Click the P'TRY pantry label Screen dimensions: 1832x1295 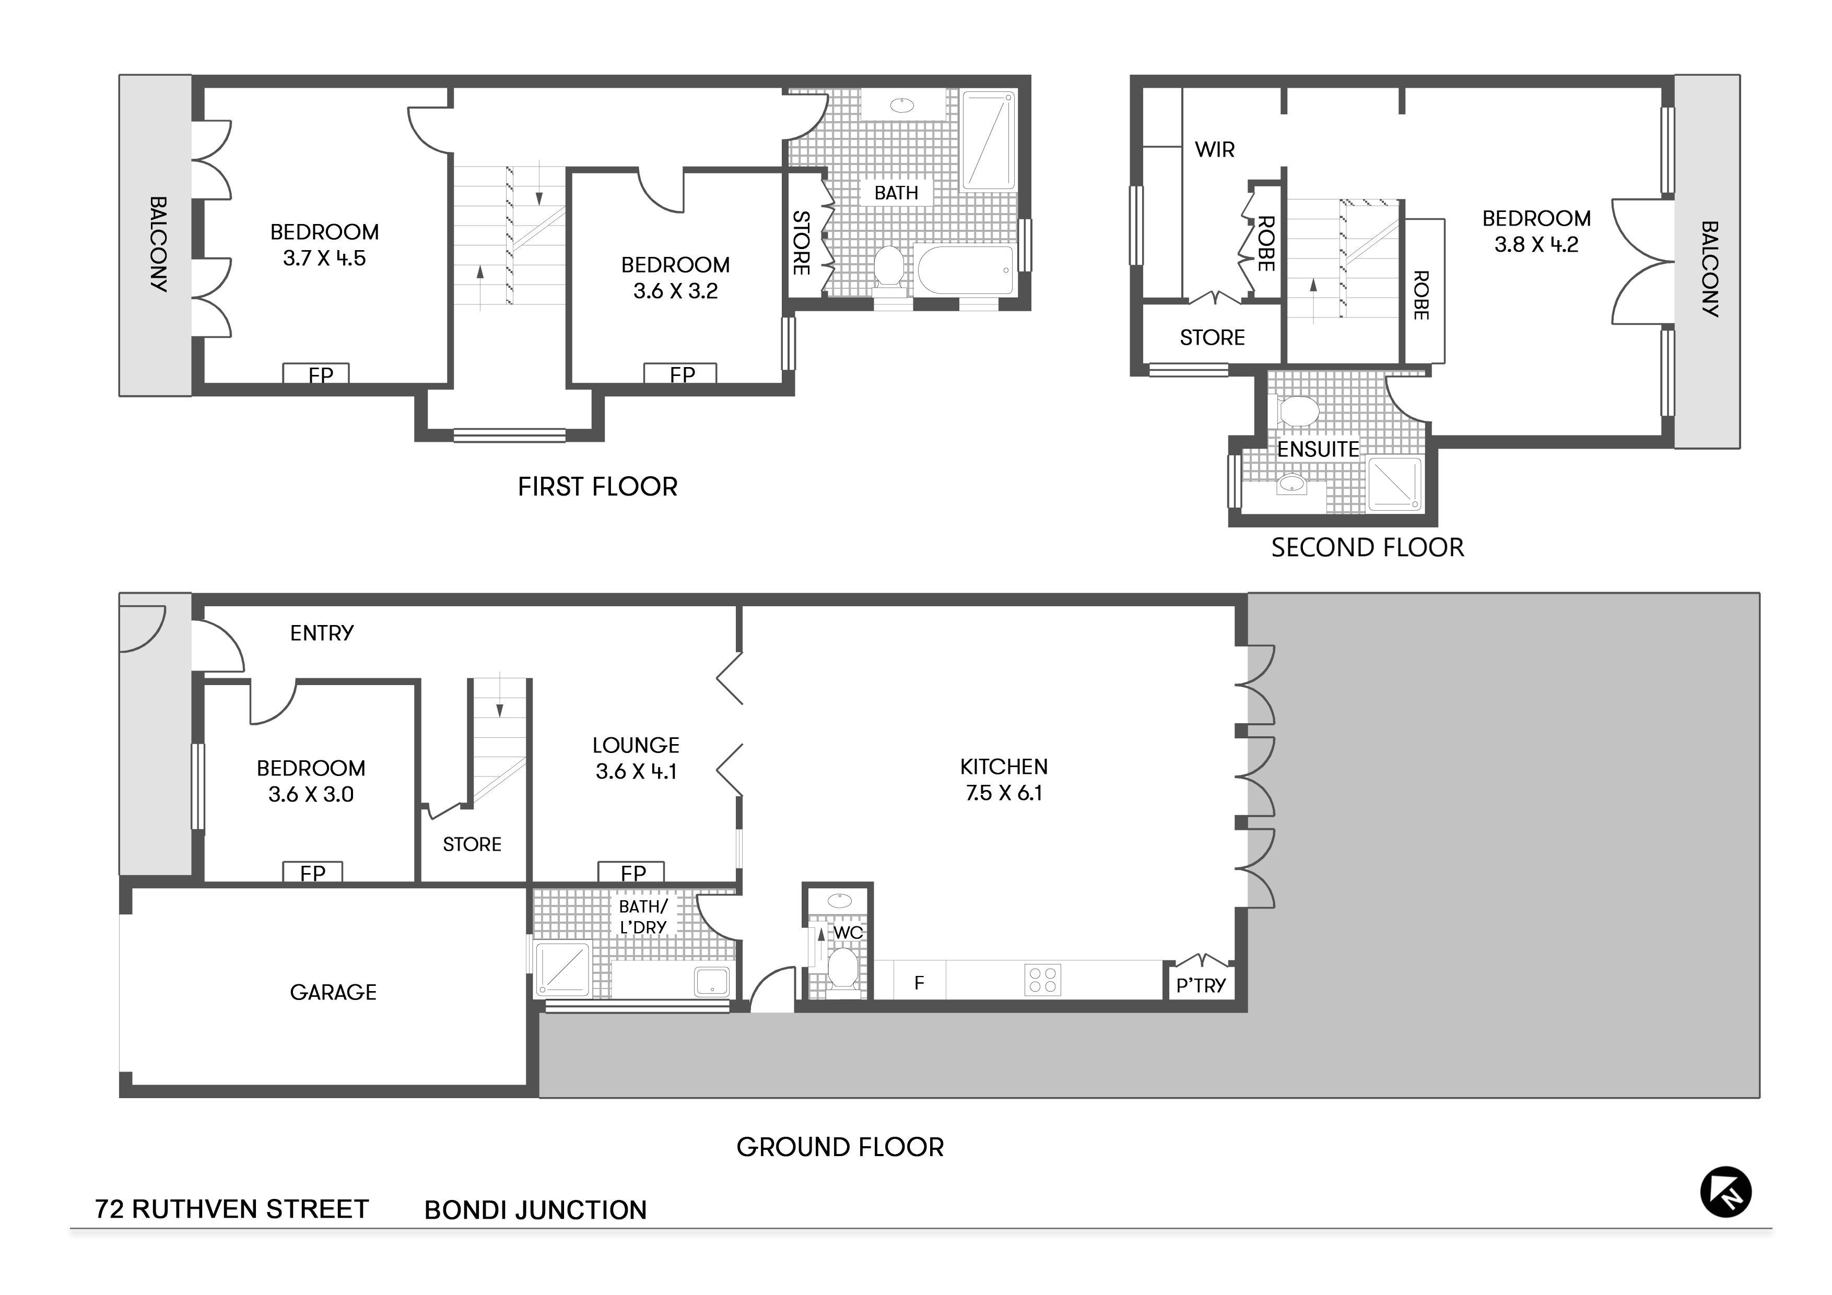point(1200,985)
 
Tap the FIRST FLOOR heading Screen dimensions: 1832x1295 point(597,487)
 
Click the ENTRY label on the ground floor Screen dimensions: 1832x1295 point(322,633)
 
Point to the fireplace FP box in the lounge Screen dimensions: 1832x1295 point(631,872)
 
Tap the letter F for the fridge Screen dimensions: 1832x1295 point(919,983)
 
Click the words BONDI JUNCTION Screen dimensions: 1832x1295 point(535,1210)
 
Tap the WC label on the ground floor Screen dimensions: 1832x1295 point(848,932)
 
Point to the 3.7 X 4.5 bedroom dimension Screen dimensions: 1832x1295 point(324,258)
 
